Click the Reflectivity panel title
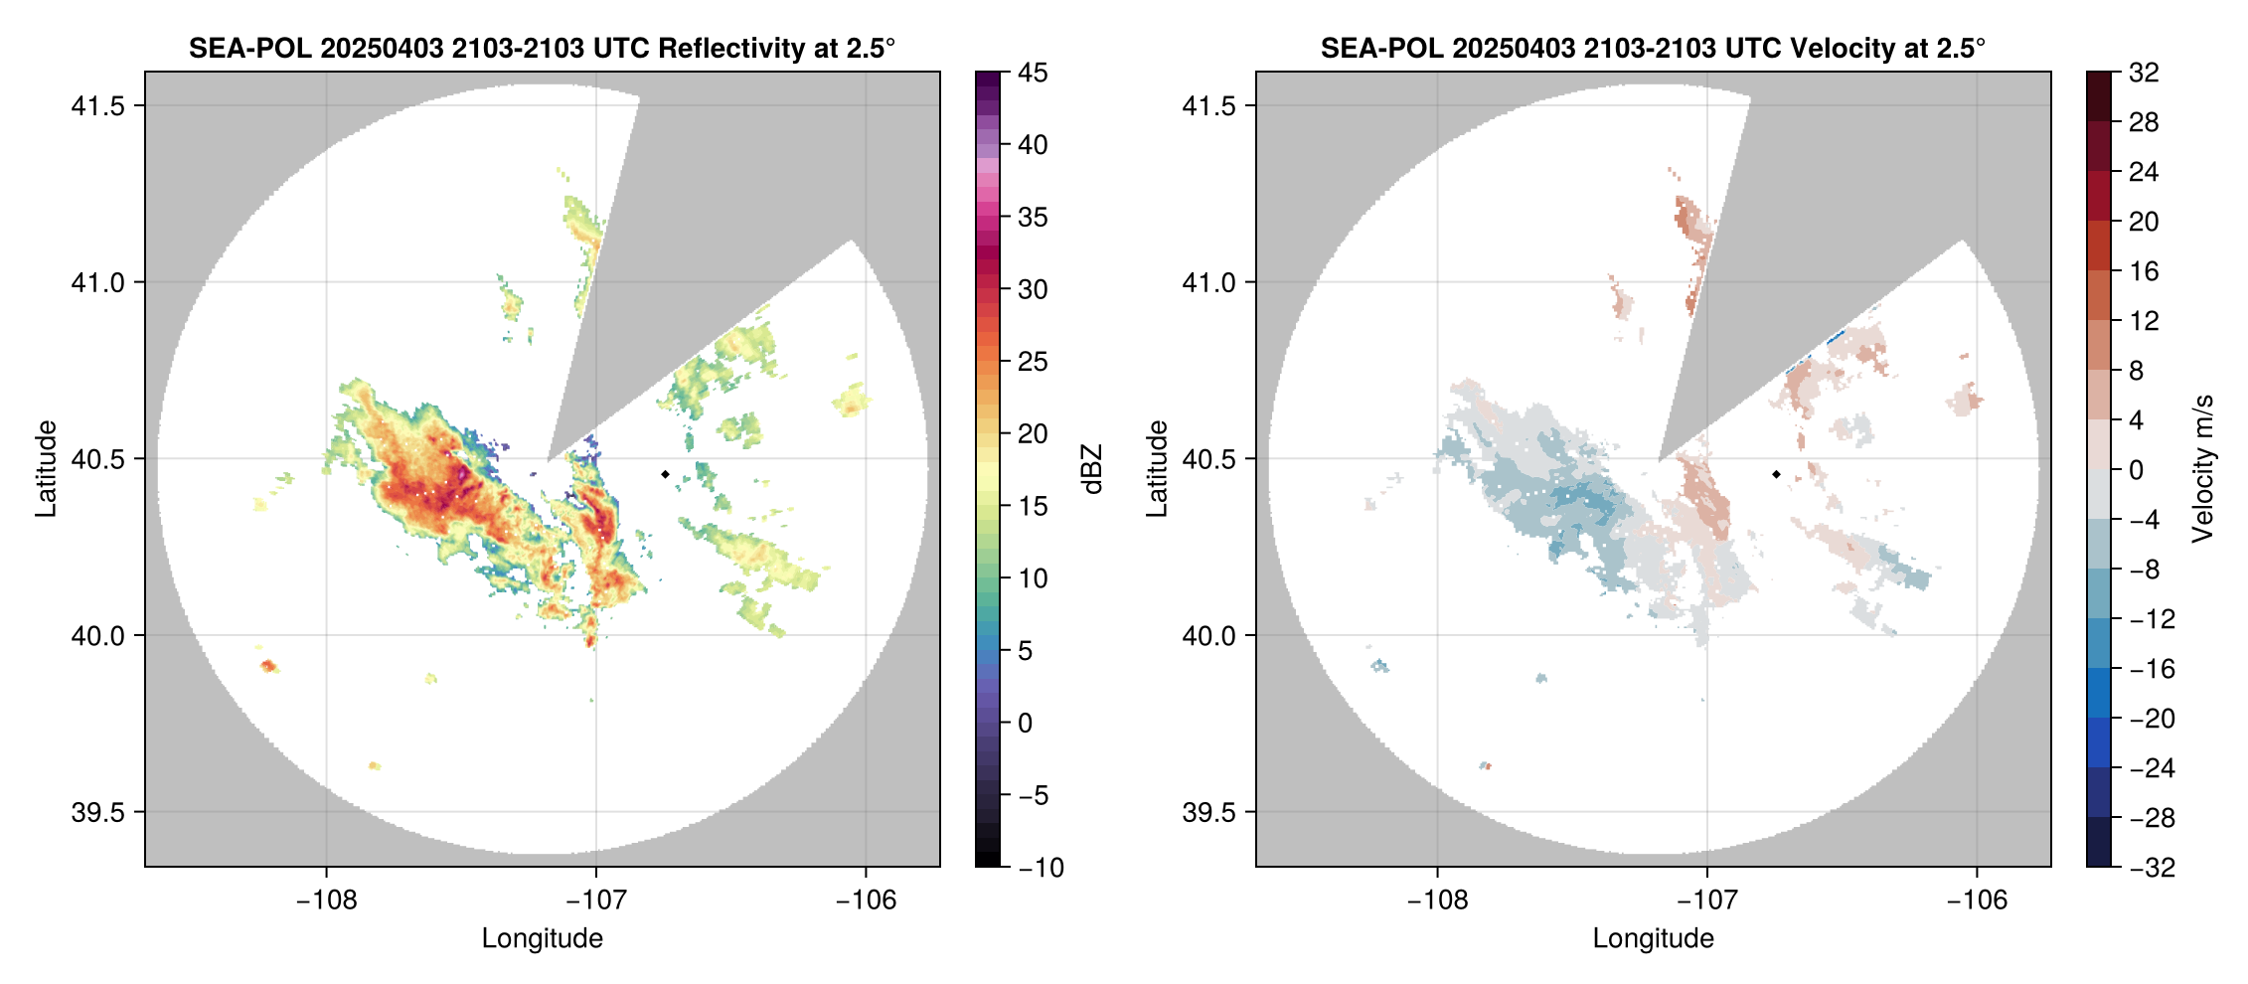542,48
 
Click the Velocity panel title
1653,48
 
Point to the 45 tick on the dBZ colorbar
1033,73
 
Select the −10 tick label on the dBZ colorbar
1041,868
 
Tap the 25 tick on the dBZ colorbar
1033,362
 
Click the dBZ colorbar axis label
1092,469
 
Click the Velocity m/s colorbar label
2203,469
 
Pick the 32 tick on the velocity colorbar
2144,73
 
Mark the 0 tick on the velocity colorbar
2136,470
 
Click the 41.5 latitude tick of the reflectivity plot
98,106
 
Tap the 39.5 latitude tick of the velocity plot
1209,812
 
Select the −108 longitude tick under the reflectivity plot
326,901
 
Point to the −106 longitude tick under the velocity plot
1977,901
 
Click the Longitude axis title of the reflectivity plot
543,938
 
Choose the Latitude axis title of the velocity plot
1156,469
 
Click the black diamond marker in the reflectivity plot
665,474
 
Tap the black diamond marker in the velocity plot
1776,474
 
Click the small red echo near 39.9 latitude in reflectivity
267,666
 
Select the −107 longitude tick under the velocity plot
1707,901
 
